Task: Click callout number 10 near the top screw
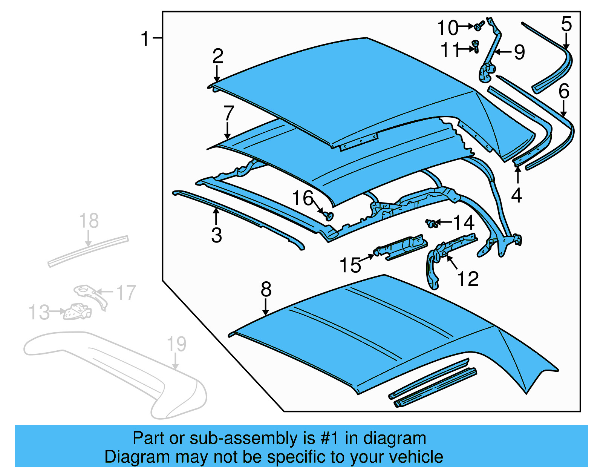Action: point(447,28)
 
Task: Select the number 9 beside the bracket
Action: point(519,52)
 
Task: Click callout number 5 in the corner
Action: point(566,24)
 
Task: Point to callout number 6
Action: point(564,92)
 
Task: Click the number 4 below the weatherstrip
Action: point(516,195)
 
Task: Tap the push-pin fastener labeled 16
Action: point(329,216)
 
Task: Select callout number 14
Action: point(464,223)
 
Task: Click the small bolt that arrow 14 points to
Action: point(431,223)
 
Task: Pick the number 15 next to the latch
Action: point(350,265)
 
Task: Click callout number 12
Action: point(468,279)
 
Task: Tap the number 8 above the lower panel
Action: point(266,290)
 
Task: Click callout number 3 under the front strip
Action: point(216,235)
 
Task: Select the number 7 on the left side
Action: point(228,113)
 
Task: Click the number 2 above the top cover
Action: point(218,57)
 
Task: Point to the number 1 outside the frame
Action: point(145,39)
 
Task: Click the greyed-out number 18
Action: point(89,221)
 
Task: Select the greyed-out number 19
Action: point(176,344)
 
